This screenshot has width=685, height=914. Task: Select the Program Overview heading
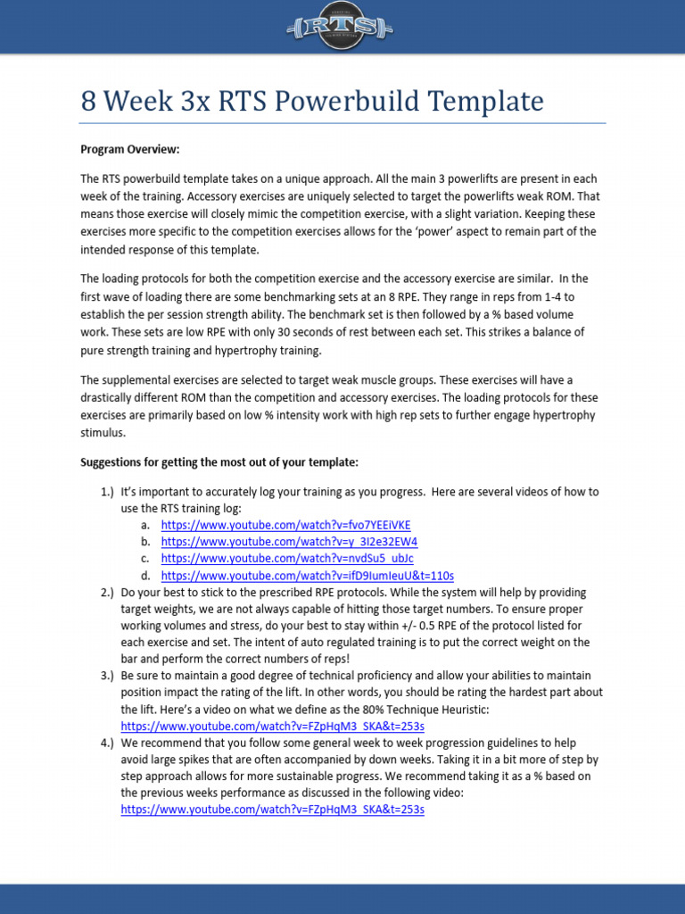[x=130, y=149]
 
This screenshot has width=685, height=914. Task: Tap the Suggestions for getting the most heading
[x=219, y=462]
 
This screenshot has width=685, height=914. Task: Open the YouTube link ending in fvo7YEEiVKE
[x=285, y=525]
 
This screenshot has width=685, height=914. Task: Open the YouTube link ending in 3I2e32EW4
[x=289, y=542]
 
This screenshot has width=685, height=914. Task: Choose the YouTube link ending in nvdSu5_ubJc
[x=286, y=559]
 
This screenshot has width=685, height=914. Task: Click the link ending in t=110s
[x=307, y=576]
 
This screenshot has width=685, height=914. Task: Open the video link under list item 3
[x=272, y=726]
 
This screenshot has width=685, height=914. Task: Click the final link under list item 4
[x=272, y=810]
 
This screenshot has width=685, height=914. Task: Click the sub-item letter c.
[x=144, y=559]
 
